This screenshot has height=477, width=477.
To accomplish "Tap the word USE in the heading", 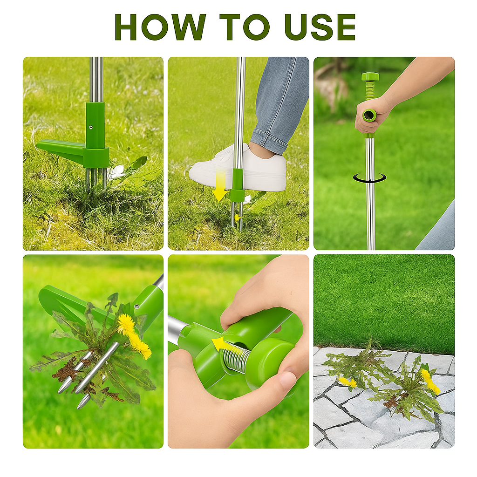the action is [320, 27].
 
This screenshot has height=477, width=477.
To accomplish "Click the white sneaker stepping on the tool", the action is [238, 168].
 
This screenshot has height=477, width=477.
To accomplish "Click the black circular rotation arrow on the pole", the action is [369, 178].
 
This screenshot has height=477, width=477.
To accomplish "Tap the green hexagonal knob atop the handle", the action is [369, 76].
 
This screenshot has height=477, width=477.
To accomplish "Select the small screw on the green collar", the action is [90, 128].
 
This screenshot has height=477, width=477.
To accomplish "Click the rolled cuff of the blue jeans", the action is [269, 142].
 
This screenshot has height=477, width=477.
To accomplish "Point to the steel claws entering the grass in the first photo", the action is [96, 179].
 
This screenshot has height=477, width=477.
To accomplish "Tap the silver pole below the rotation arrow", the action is [370, 216].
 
